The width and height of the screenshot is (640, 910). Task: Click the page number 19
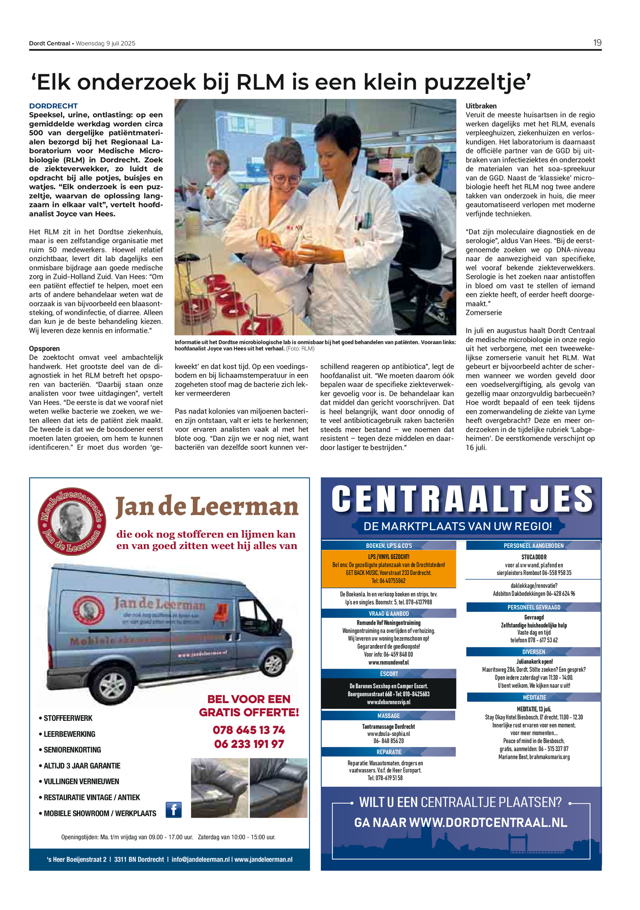597,43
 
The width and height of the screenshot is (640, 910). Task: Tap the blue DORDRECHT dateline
53,106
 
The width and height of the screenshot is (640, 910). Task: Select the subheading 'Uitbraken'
481,106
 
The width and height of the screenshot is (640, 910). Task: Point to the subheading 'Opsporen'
44,349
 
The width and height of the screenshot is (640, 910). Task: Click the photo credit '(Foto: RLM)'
300,349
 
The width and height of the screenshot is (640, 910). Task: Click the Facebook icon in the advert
174,810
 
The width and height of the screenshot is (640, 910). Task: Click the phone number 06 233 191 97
249,744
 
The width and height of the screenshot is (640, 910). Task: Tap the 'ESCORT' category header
389,674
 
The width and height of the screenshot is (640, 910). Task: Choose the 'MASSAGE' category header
388,716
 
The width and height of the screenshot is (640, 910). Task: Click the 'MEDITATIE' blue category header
534,698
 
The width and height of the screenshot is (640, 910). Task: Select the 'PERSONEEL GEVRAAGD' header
534,607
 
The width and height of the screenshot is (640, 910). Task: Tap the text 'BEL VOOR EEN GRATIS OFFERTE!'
249,706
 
